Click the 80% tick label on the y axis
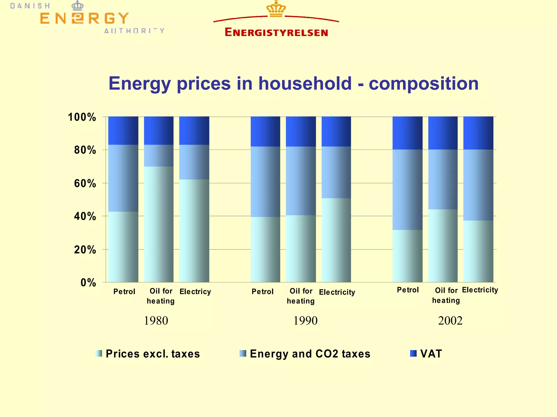pos(85,150)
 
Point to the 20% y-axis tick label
pos(85,249)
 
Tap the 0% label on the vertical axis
pos(88,283)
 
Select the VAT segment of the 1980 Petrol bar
pos(123,130)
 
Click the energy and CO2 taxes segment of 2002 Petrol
pos(407,190)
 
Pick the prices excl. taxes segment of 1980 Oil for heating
pos(159,224)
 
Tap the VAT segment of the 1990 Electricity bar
pos(336,132)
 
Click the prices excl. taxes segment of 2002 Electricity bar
pos(478,251)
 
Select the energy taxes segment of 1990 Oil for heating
pos(301,181)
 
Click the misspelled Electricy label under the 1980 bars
pos(195,292)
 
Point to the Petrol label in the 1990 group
pos(262,292)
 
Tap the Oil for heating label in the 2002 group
pos(446,295)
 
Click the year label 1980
pos(156,321)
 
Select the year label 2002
pos(450,321)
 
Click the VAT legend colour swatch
pos(413,354)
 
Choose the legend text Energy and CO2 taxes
pos(310,354)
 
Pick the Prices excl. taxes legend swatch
pos(99,354)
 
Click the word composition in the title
pos(423,83)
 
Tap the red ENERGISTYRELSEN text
pos(276,32)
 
